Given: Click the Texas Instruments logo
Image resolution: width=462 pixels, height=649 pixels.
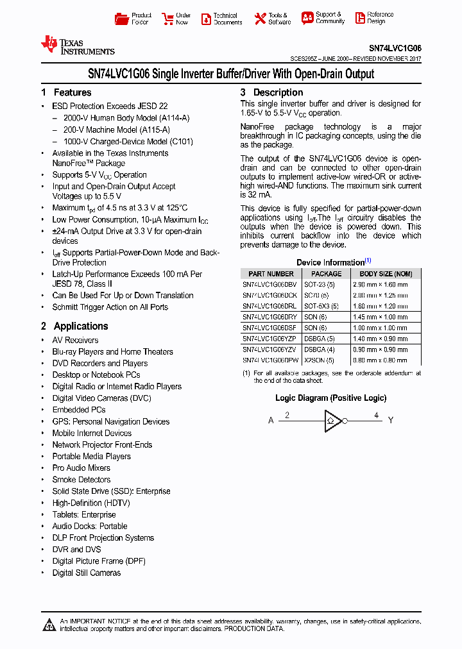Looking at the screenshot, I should click(77, 46).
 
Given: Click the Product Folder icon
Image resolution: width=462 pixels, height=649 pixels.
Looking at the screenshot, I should click(121, 19).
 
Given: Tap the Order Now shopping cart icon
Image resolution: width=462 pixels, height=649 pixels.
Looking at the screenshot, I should click(168, 19).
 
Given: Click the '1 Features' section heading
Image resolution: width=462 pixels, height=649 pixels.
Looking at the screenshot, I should click(66, 92).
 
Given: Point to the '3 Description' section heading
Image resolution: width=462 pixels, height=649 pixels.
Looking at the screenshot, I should click(271, 92).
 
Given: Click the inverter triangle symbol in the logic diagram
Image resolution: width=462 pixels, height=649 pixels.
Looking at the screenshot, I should click(332, 421).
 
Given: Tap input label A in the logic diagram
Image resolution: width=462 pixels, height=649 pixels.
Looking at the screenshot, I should click(271, 421).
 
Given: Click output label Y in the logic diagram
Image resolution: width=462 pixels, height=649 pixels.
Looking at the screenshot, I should click(391, 421).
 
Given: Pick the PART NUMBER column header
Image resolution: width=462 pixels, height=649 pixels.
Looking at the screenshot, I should click(271, 274).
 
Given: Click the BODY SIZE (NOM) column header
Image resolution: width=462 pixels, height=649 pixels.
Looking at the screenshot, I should click(385, 274).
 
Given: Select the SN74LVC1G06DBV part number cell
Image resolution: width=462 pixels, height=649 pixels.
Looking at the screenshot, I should click(269, 283).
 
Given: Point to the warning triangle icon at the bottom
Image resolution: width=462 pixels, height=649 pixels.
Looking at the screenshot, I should click(49, 624).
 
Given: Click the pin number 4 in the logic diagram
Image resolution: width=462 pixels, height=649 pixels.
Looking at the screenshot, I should click(376, 415).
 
